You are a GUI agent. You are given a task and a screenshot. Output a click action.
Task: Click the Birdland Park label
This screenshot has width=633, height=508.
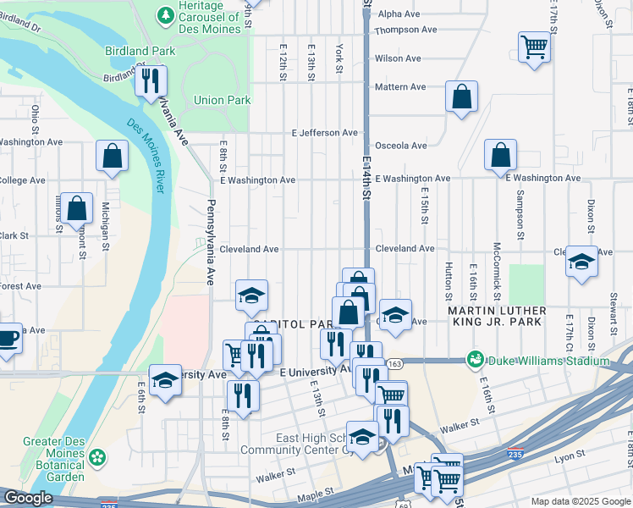click(x=140, y=51)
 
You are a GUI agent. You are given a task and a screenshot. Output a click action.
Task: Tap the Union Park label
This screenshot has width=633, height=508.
click(x=222, y=100)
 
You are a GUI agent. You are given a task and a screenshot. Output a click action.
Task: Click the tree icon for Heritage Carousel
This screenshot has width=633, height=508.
click(x=166, y=14)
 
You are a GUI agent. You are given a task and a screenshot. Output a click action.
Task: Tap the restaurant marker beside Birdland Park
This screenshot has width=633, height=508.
click(x=151, y=81)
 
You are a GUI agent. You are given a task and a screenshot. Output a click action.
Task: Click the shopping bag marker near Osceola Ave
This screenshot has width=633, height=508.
click(x=500, y=155)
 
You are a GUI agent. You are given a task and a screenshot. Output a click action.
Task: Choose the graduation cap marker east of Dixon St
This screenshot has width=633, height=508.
click(x=581, y=262)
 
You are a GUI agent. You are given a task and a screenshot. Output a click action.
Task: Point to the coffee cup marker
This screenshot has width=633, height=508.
click(x=7, y=338)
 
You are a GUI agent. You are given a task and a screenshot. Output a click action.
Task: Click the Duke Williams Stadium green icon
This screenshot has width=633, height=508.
click(x=475, y=361)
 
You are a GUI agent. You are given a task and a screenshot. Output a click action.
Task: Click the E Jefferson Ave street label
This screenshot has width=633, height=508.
click(x=325, y=133)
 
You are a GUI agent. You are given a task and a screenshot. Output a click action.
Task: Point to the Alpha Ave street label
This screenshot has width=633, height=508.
click(x=399, y=14)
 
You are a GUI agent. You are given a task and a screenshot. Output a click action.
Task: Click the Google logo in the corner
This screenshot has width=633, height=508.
click(x=28, y=498)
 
